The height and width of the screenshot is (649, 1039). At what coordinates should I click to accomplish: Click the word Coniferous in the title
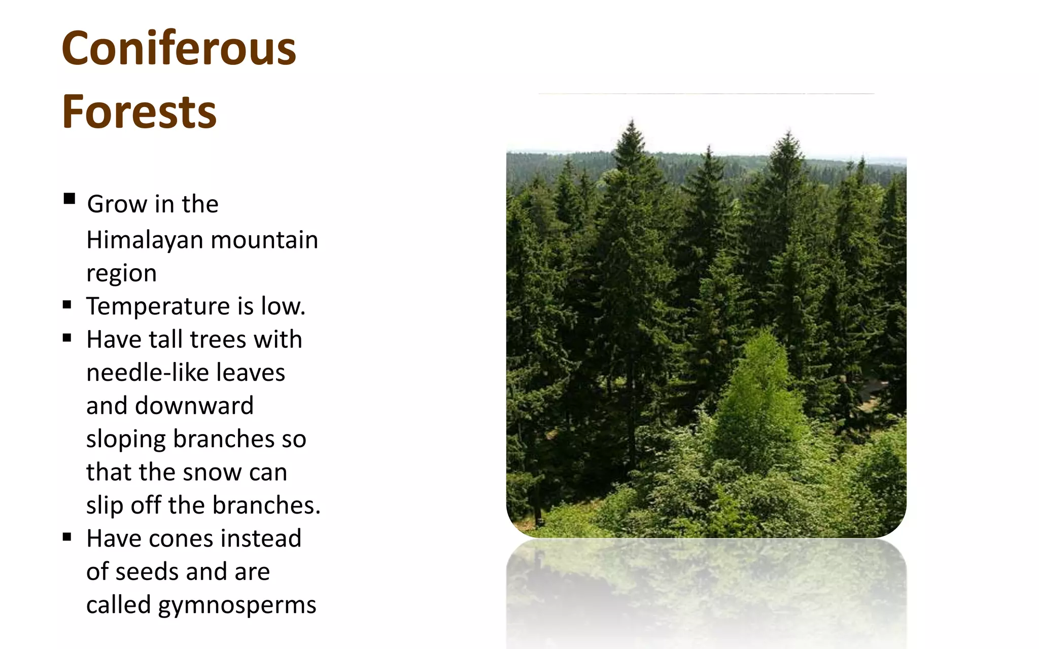(x=179, y=48)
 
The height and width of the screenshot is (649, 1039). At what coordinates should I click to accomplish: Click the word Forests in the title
(x=139, y=112)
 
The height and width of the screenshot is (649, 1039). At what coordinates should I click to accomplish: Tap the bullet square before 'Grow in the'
(x=70, y=198)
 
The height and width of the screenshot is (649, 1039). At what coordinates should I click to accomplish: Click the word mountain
(x=264, y=240)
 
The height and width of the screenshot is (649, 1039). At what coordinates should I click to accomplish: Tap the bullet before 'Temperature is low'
(x=67, y=305)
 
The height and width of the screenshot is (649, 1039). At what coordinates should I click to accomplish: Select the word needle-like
(x=147, y=373)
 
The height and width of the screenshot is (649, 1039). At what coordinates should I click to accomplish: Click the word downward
(x=194, y=406)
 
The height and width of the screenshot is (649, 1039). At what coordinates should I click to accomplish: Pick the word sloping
(x=125, y=440)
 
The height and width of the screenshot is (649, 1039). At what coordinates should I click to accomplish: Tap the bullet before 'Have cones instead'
(x=67, y=537)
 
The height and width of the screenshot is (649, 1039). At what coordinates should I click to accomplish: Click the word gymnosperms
(x=237, y=605)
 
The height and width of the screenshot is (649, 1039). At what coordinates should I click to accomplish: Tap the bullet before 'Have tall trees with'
(x=67, y=338)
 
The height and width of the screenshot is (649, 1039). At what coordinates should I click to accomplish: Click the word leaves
(x=251, y=373)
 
